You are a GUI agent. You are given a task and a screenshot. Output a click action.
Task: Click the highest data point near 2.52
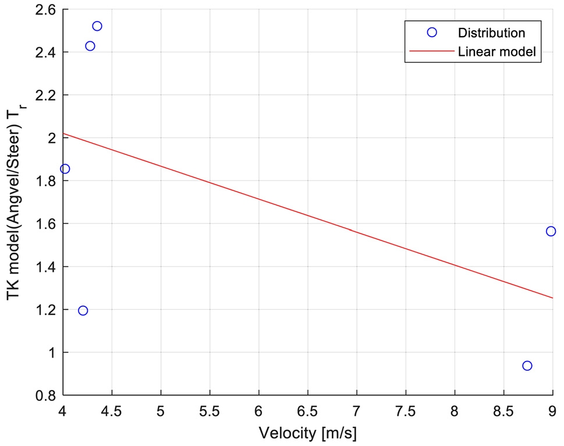pos(97,26)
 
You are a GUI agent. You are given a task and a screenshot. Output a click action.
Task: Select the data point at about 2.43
pos(90,46)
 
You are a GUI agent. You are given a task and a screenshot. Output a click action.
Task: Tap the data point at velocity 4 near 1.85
pos(65,169)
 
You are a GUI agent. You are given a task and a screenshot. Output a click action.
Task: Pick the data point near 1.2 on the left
pos(83,310)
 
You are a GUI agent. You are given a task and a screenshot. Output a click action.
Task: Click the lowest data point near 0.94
pos(527,366)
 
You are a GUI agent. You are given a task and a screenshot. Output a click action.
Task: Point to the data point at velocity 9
pos(551,231)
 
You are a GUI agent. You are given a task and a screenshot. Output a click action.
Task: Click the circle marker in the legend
pos(432,33)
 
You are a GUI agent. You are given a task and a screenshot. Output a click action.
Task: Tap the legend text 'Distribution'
pos(492,33)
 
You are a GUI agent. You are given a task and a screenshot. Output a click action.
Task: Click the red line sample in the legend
pos(432,51)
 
